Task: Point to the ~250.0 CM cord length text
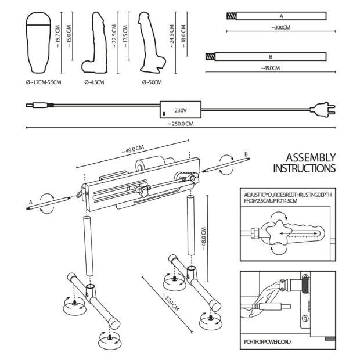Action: [x=180, y=124]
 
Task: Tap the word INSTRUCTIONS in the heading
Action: [x=304, y=169]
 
